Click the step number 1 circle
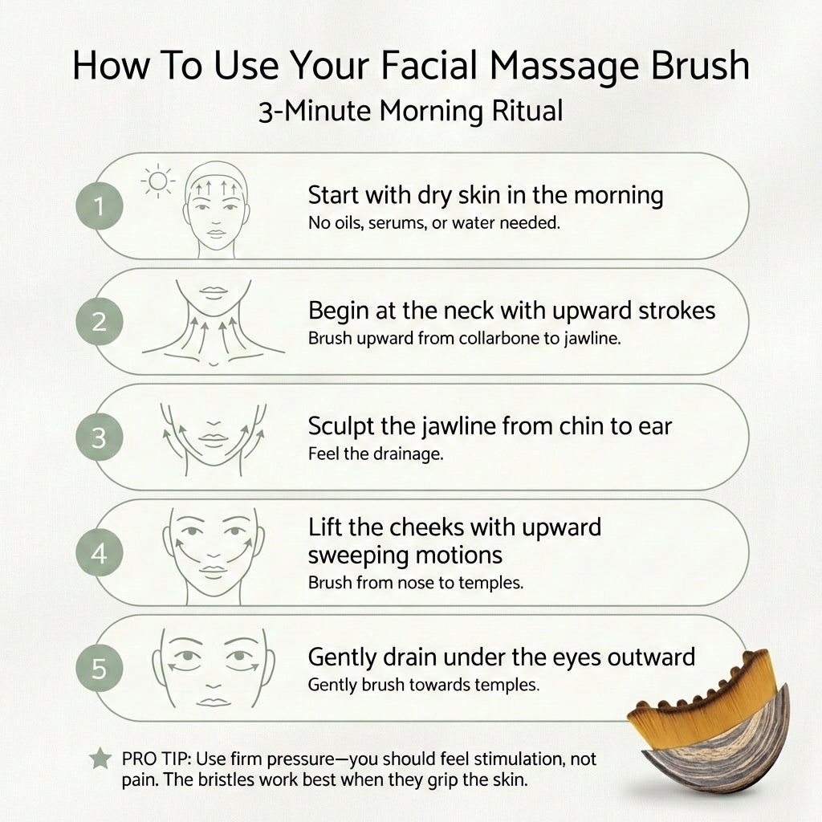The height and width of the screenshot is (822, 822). pos(100,206)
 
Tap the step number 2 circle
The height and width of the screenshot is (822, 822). pos(100,321)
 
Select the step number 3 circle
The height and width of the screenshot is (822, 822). pos(100,437)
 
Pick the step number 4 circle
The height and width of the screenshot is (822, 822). pos(100,553)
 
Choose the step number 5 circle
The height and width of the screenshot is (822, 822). pos(100,669)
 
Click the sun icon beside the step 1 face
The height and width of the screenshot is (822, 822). pos(158,182)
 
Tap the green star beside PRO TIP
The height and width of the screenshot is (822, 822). pos(100,758)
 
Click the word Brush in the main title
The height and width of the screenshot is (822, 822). pos(700,66)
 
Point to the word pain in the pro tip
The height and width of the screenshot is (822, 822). pos(141,779)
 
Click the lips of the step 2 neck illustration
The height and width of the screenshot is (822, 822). pos(214,291)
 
